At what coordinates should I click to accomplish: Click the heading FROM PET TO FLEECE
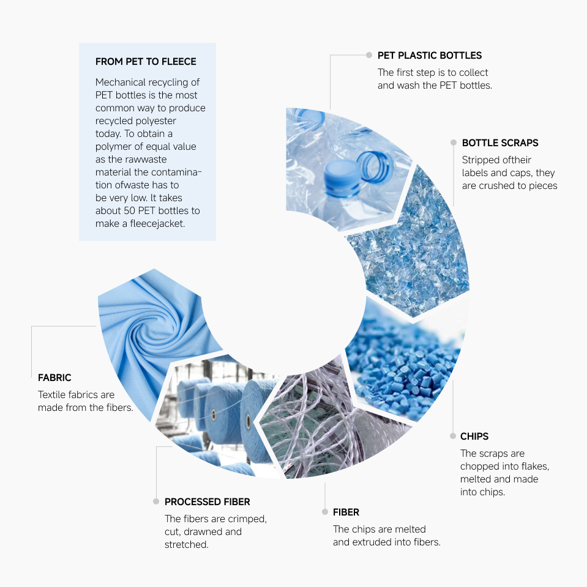tap(146, 61)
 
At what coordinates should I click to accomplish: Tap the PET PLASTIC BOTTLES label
tap(430, 56)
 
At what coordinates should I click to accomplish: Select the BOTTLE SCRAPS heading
tap(500, 142)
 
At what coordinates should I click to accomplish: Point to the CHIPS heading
tap(474, 436)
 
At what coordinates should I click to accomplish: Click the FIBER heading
tap(346, 512)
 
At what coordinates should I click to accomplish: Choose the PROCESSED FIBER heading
tap(208, 501)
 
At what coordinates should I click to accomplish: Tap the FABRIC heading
tap(54, 377)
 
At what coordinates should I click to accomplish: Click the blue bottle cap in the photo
tap(341, 178)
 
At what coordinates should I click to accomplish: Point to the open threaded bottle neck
tap(375, 167)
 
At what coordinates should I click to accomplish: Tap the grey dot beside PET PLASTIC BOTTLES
tap(369, 55)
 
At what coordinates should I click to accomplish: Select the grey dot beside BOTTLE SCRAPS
tap(454, 142)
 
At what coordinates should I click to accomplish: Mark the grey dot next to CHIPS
tap(453, 436)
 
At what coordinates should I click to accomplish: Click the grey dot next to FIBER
tap(325, 512)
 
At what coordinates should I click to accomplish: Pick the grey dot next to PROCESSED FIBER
tap(156, 501)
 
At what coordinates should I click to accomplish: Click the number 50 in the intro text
tap(129, 211)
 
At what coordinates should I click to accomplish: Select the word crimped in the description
tap(247, 519)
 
